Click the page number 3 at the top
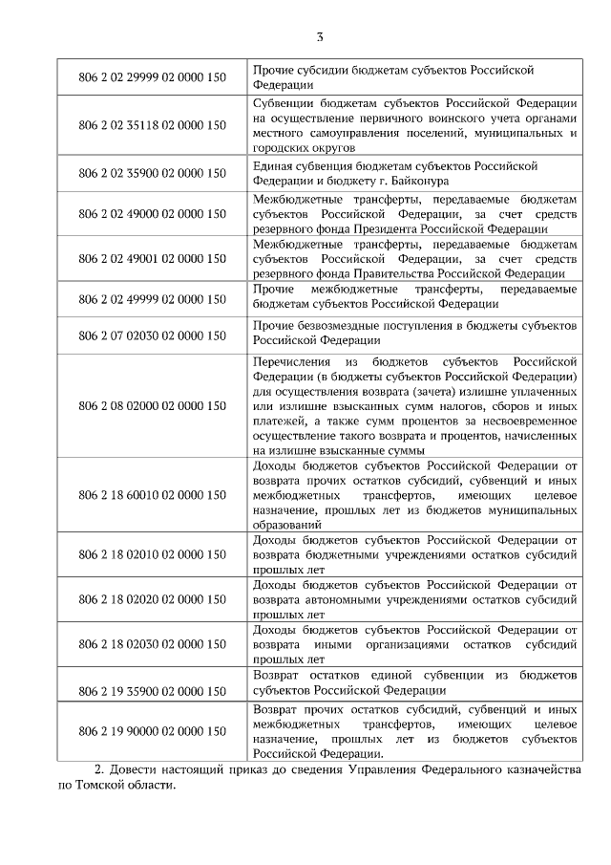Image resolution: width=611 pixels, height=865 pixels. pyautogui.click(x=320, y=37)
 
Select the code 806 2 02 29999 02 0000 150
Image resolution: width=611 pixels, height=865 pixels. pyautogui.click(x=153, y=76)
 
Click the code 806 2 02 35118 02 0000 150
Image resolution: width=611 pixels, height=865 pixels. pyautogui.click(x=153, y=125)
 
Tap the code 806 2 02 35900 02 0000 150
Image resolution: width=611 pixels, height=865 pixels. pyautogui.click(x=153, y=173)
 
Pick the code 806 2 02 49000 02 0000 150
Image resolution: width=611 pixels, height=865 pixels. pyautogui.click(x=153, y=213)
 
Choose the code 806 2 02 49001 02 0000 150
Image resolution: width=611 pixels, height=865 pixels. pyautogui.click(x=153, y=258)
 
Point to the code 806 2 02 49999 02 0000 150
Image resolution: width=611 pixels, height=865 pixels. pyautogui.click(x=153, y=298)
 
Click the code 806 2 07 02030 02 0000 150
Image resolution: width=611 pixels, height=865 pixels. pyautogui.click(x=153, y=335)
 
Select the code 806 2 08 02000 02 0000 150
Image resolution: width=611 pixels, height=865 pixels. pyautogui.click(x=153, y=405)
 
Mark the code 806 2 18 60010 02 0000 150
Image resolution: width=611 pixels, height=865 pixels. pyautogui.click(x=153, y=495)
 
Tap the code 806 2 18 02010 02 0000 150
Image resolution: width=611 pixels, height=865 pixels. pyautogui.click(x=153, y=554)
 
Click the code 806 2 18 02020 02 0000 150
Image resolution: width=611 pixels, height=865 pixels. pyautogui.click(x=153, y=599)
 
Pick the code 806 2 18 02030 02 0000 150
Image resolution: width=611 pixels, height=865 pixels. pyautogui.click(x=153, y=644)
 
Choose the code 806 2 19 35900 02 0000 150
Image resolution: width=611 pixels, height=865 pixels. pyautogui.click(x=153, y=689)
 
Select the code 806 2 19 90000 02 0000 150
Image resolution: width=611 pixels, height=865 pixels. pyautogui.click(x=153, y=731)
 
